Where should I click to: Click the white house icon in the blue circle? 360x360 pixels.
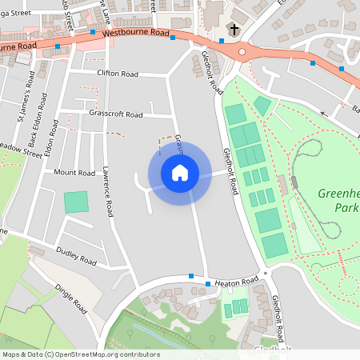click(x=179, y=173)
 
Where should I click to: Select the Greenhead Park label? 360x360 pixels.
click(x=338, y=201)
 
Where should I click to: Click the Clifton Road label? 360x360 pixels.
click(x=117, y=74)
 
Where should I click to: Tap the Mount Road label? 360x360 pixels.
click(x=74, y=173)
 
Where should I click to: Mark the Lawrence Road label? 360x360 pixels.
click(x=106, y=193)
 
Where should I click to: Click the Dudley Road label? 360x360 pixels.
click(x=76, y=256)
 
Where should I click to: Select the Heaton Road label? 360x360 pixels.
click(x=237, y=282)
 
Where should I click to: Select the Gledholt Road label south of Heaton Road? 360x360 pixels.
click(x=275, y=318)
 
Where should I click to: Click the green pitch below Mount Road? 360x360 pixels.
click(x=77, y=202)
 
